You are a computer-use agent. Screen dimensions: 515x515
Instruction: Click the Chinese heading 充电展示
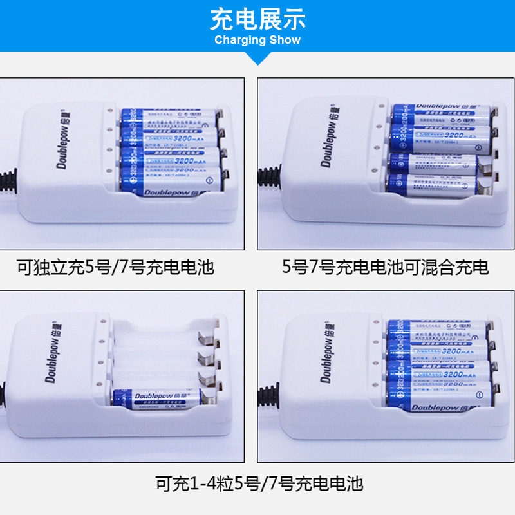click(x=257, y=20)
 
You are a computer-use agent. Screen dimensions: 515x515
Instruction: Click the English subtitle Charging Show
click(x=257, y=40)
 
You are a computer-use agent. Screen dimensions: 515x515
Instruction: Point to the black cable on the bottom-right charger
click(x=267, y=393)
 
